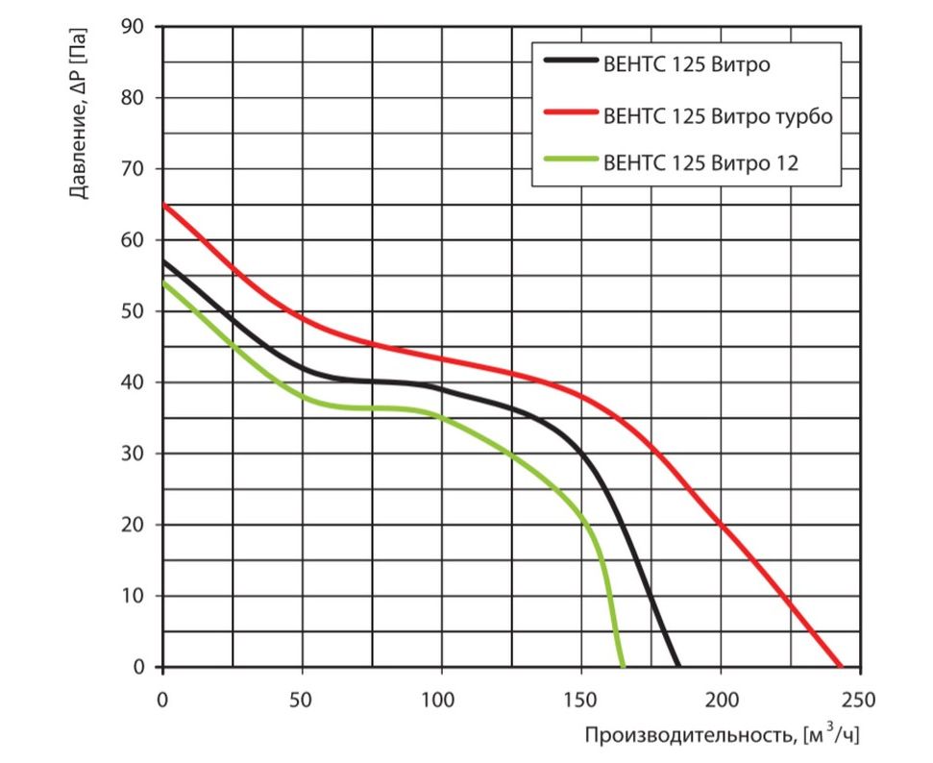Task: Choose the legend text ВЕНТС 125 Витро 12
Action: (701, 163)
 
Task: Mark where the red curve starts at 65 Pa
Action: (163, 205)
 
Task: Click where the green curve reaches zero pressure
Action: (623, 666)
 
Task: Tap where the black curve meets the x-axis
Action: (678, 666)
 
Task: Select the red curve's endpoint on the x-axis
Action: (840, 666)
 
